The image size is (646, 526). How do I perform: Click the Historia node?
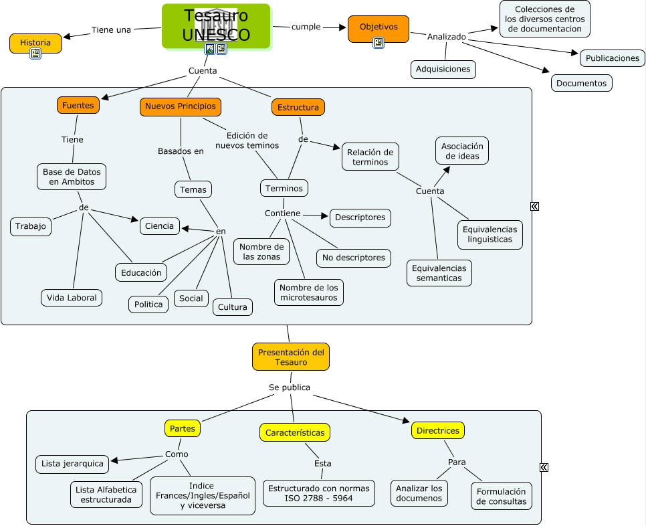click(35, 42)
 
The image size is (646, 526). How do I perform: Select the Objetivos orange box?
click(379, 27)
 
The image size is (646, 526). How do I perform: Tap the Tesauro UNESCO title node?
click(216, 25)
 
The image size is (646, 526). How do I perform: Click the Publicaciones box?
click(613, 58)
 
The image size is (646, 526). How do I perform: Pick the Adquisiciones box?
click(443, 69)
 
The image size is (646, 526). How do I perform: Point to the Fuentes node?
click(78, 105)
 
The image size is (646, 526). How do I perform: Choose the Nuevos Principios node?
click(181, 106)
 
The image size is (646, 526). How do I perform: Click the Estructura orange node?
click(298, 107)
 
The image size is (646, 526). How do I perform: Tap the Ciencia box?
click(160, 226)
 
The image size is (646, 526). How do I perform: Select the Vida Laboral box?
click(72, 298)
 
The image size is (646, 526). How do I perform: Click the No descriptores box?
click(354, 258)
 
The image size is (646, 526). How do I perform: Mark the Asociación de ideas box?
click(462, 151)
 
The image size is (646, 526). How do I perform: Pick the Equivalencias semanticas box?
click(439, 273)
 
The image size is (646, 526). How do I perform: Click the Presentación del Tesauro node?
click(291, 357)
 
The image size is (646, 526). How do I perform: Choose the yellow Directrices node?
click(438, 430)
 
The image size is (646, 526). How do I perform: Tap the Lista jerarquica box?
click(72, 464)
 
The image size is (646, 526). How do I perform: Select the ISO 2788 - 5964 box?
click(318, 494)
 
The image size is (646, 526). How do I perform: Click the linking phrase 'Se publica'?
click(290, 387)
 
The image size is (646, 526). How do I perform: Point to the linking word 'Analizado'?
click(447, 37)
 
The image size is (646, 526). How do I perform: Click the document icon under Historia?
click(35, 54)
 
